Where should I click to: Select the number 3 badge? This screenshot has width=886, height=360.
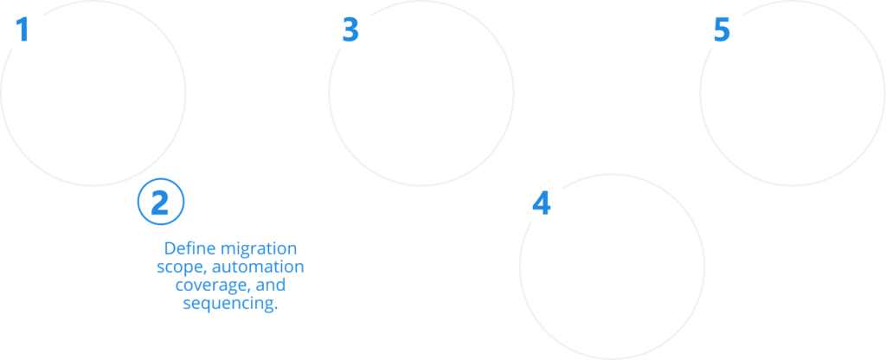coord(349,29)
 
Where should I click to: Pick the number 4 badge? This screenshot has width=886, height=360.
coord(542,202)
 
